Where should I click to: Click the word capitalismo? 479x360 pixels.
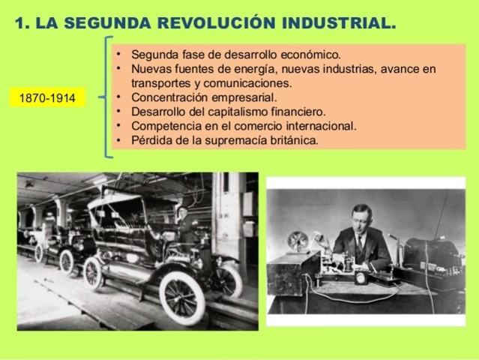pyautogui.click(x=232, y=111)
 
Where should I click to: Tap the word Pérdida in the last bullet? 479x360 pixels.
pyautogui.click(x=151, y=139)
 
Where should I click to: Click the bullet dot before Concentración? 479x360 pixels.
pyautogui.click(x=119, y=97)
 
